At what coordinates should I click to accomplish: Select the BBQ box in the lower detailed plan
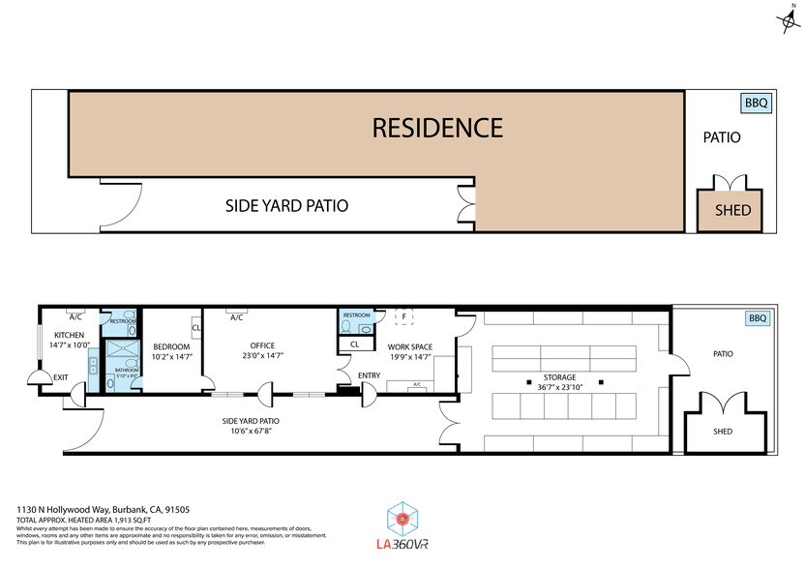click(x=756, y=318)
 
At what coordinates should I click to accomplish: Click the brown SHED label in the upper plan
click(x=732, y=211)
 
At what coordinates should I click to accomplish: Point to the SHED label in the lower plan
click(x=723, y=431)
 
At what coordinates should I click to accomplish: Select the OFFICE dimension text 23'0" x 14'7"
click(x=262, y=356)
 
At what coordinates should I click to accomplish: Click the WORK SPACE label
click(x=409, y=346)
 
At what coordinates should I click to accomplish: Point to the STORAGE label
click(x=558, y=377)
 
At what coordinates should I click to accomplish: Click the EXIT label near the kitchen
click(x=61, y=377)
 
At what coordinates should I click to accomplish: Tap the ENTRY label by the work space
click(x=369, y=375)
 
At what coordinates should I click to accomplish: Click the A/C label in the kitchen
click(x=74, y=316)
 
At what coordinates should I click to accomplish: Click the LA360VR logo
click(x=401, y=526)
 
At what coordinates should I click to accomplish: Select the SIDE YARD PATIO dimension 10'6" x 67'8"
click(x=249, y=433)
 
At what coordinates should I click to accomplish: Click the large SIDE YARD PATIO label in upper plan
click(x=286, y=206)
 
